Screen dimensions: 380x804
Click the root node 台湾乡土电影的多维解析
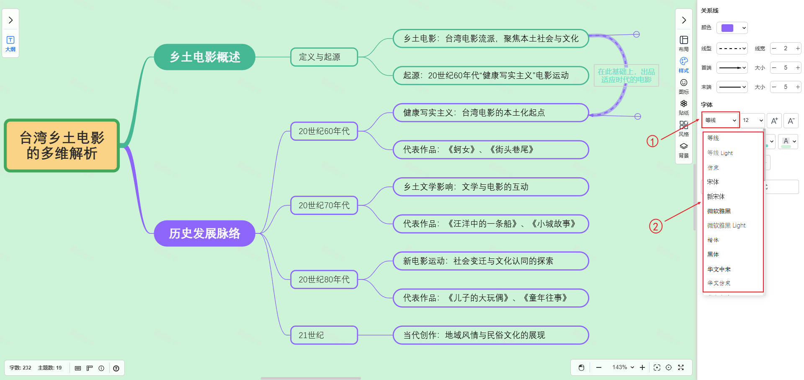[62, 145]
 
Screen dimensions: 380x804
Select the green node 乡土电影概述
[204, 57]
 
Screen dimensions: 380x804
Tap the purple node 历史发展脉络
[204, 233]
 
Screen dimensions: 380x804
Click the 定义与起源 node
[324, 57]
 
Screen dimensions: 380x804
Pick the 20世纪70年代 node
[324, 205]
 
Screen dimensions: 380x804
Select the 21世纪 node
[324, 335]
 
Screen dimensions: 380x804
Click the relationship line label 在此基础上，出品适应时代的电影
[626, 75]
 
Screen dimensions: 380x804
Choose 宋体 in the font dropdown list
[713, 182]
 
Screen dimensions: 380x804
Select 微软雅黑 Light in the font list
[726, 225]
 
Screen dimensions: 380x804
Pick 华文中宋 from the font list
[719, 269]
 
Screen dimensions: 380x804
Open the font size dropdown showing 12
[753, 120]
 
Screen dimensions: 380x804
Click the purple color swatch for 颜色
[732, 28]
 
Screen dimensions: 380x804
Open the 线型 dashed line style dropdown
[732, 49]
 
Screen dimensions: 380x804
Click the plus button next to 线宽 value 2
[798, 49]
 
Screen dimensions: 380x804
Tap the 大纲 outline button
[10, 44]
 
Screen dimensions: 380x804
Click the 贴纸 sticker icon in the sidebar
[684, 107]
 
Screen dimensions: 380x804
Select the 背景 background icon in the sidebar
[684, 150]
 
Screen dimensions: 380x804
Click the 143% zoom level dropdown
[623, 367]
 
